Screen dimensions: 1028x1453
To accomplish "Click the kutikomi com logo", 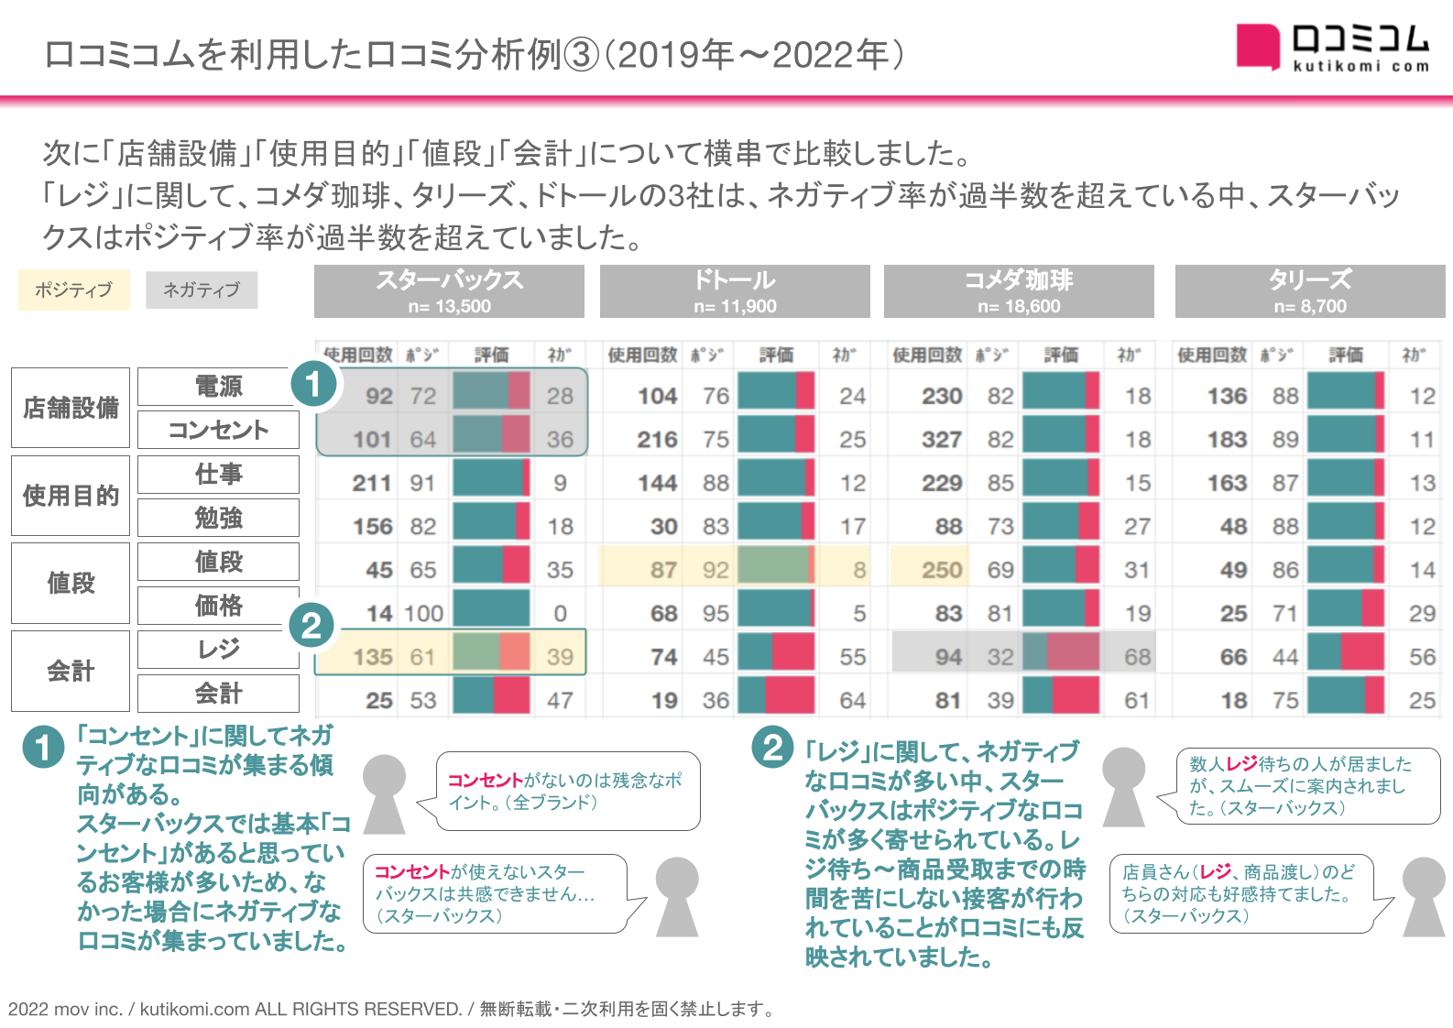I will click(x=1333, y=47).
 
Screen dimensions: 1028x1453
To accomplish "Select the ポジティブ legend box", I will click(x=73, y=290).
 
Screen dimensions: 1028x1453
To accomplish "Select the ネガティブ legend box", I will click(x=202, y=290).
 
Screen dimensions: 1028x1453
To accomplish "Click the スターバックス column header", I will click(x=449, y=290).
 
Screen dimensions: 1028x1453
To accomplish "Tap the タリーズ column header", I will click(x=1310, y=290).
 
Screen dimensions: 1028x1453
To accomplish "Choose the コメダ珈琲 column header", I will click(x=1019, y=290).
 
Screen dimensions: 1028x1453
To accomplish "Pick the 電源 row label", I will click(x=218, y=387).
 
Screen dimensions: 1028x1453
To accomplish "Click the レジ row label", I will click(x=218, y=650).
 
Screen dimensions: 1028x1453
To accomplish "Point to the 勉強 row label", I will click(x=218, y=518).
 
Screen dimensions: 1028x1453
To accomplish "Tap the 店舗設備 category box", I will click(x=71, y=408).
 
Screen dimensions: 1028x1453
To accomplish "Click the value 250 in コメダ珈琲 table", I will click(x=942, y=570).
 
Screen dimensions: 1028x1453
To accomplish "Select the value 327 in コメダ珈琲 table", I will click(x=942, y=440).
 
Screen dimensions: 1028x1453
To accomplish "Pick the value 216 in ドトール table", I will click(x=657, y=440).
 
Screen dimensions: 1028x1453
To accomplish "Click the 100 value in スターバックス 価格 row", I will click(x=423, y=613).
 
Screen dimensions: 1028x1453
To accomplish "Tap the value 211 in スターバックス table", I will click(x=372, y=483).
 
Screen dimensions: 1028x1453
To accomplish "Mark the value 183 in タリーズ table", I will click(x=1227, y=440).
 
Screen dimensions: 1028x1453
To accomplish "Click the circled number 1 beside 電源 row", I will click(x=313, y=384).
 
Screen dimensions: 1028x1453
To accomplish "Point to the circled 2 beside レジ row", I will click(x=311, y=626).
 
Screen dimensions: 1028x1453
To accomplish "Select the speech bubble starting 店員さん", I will click(x=1241, y=893).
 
